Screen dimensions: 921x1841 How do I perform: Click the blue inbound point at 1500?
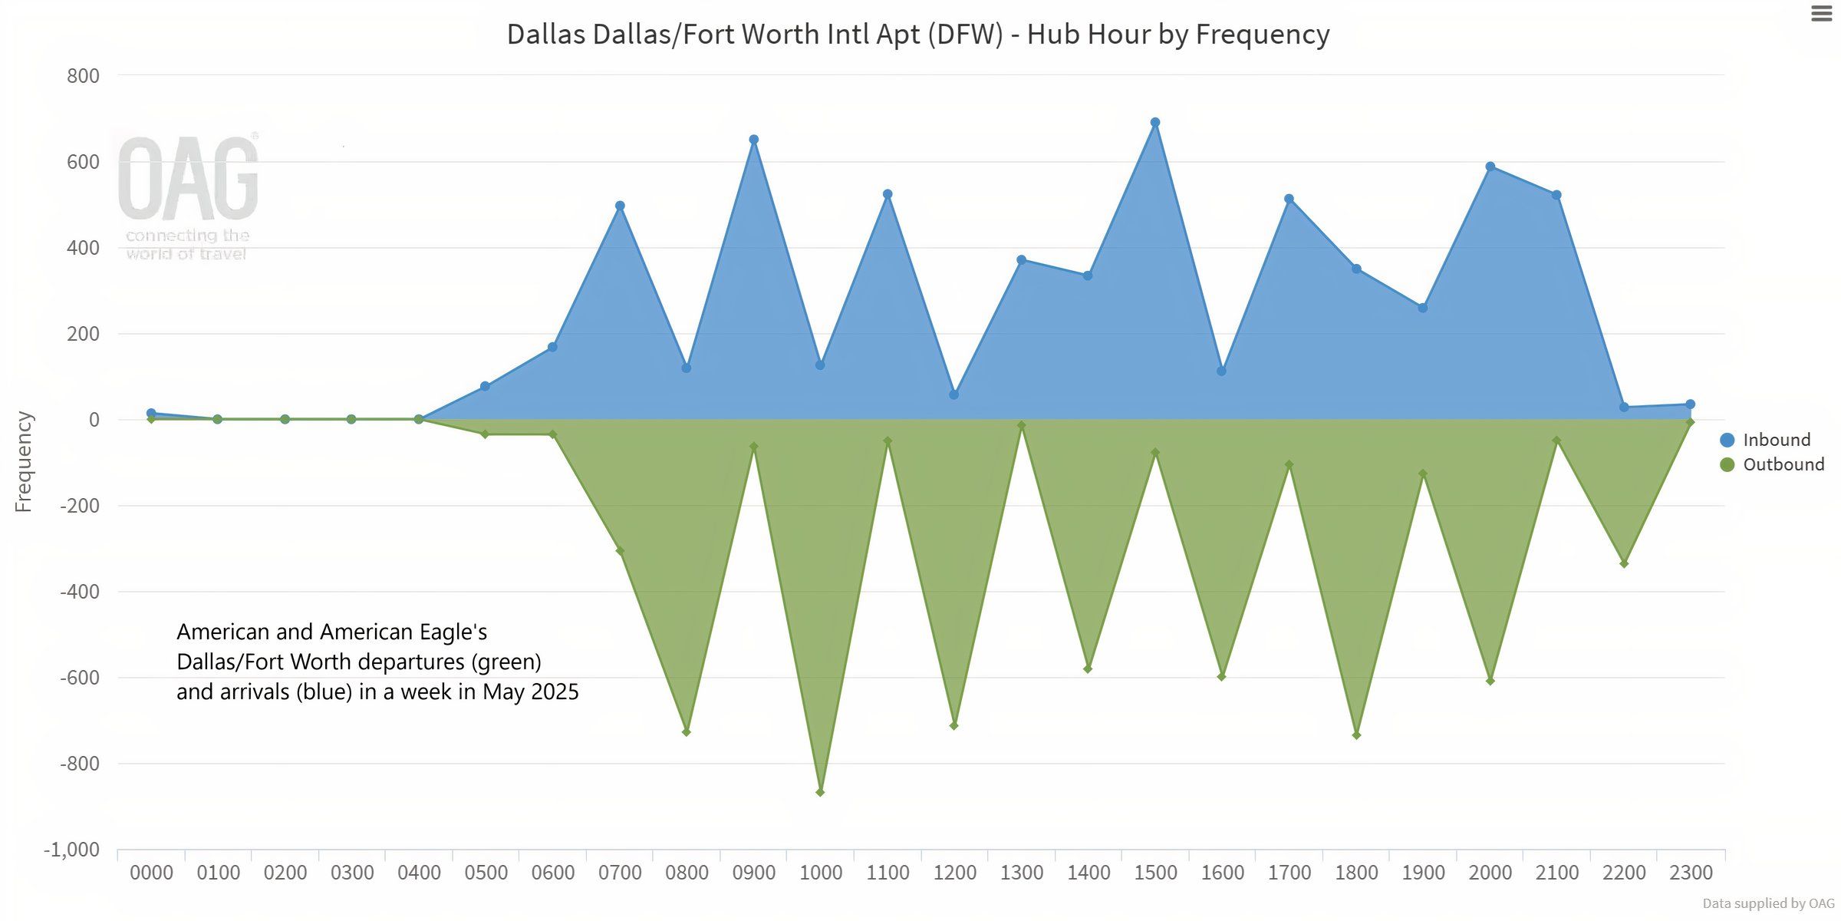pos(1155,123)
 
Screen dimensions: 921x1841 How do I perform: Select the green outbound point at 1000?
pos(820,792)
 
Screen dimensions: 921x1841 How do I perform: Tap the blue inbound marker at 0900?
pos(754,140)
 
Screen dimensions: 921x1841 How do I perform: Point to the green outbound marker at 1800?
pos(1356,735)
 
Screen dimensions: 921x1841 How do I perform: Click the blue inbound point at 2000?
pos(1490,167)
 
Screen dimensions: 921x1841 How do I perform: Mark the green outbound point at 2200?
pos(1624,564)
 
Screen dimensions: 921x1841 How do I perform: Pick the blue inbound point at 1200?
pos(953,394)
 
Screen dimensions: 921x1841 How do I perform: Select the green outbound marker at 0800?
pos(687,732)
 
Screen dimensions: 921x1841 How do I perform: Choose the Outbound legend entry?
pos(1783,464)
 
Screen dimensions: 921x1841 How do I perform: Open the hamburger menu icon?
pos(1822,14)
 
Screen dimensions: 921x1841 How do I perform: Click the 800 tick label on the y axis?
pos(83,76)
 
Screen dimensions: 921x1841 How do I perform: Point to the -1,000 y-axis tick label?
pos(72,850)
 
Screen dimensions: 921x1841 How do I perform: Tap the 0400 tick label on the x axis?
pos(419,873)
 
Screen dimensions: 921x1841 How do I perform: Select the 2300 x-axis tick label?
pos(1691,873)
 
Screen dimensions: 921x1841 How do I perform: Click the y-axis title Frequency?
pos(24,461)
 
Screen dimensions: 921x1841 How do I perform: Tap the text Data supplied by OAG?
pos(1768,903)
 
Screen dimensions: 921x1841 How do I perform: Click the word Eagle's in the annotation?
pos(453,632)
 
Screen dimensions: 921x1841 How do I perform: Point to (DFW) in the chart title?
pos(965,35)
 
